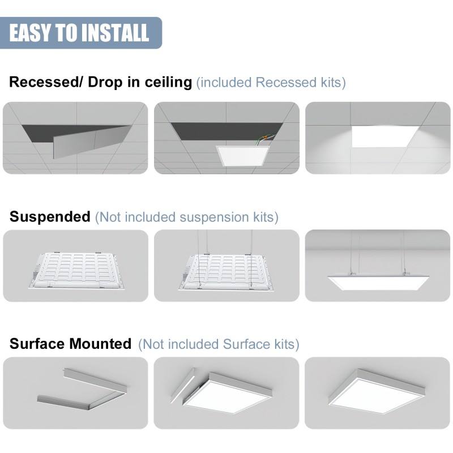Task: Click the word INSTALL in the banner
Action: pyautogui.click(x=117, y=33)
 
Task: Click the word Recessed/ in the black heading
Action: pyautogui.click(x=46, y=82)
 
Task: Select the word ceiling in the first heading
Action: pyautogui.click(x=168, y=82)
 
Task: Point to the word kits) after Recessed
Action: pyautogui.click(x=333, y=83)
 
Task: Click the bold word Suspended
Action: pyautogui.click(x=50, y=217)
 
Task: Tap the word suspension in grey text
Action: pyautogui.click(x=214, y=217)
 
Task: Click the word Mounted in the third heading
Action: pyautogui.click(x=100, y=344)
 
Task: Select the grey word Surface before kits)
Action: pyautogui.click(x=246, y=344)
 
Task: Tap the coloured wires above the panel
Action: pyautogui.click(x=264, y=139)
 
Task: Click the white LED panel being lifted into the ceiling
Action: pyautogui.click(x=243, y=156)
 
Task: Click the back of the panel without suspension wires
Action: pyautogui.click(x=77, y=271)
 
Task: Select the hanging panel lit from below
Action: pyautogui.click(x=378, y=283)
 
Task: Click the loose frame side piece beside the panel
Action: pyautogui.click(x=182, y=385)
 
